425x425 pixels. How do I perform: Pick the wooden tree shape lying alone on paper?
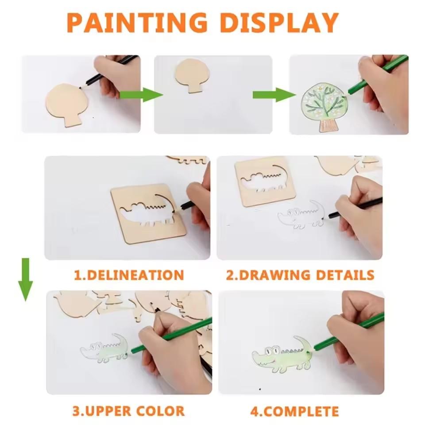[191, 75]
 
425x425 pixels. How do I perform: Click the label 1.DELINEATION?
[128, 275]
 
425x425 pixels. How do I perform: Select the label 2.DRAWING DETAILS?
[300, 275]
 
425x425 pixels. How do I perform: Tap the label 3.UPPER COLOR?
[128, 411]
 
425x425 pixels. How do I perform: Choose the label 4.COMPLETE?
[294, 411]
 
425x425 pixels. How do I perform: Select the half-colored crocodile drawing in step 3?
[104, 348]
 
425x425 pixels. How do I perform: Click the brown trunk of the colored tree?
[328, 125]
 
